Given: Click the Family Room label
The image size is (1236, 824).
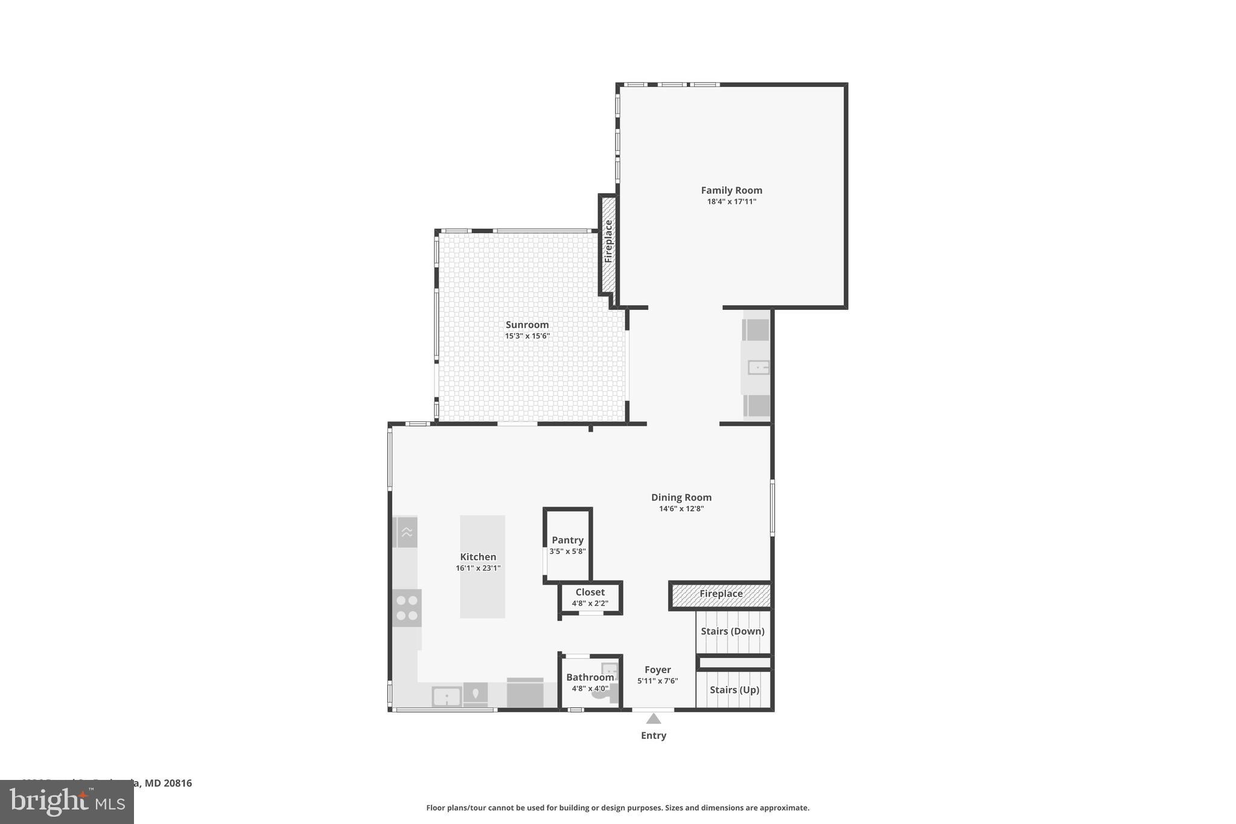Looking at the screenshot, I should [x=731, y=190].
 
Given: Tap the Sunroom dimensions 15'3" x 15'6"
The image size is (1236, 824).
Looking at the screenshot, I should [x=527, y=336].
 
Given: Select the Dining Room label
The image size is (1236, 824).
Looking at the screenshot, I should [x=681, y=497].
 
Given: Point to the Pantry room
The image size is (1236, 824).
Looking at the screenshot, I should [x=567, y=546].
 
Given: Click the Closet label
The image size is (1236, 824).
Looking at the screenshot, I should [x=590, y=592].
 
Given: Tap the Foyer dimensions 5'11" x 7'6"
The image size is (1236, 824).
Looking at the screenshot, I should [x=658, y=681].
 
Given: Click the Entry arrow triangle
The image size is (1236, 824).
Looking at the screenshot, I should [x=654, y=718].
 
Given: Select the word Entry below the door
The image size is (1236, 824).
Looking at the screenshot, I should [x=654, y=735].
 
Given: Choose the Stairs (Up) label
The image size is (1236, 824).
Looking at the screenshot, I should [x=734, y=689].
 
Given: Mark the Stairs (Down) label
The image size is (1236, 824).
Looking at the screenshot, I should [x=733, y=631].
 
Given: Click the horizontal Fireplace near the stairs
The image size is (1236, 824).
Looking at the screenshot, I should [x=721, y=595].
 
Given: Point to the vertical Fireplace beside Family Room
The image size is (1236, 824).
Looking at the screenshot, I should [x=608, y=241].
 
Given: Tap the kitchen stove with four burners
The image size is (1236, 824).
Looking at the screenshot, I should [x=407, y=608].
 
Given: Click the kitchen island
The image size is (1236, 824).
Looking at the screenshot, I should [x=482, y=566].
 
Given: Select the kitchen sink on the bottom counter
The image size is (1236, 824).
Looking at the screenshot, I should [x=447, y=697].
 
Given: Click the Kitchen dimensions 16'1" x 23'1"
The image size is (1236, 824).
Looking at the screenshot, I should [x=478, y=568].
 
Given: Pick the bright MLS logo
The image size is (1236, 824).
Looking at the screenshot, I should [x=67, y=802].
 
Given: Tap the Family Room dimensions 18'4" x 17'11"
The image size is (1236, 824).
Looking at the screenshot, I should [x=731, y=202].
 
